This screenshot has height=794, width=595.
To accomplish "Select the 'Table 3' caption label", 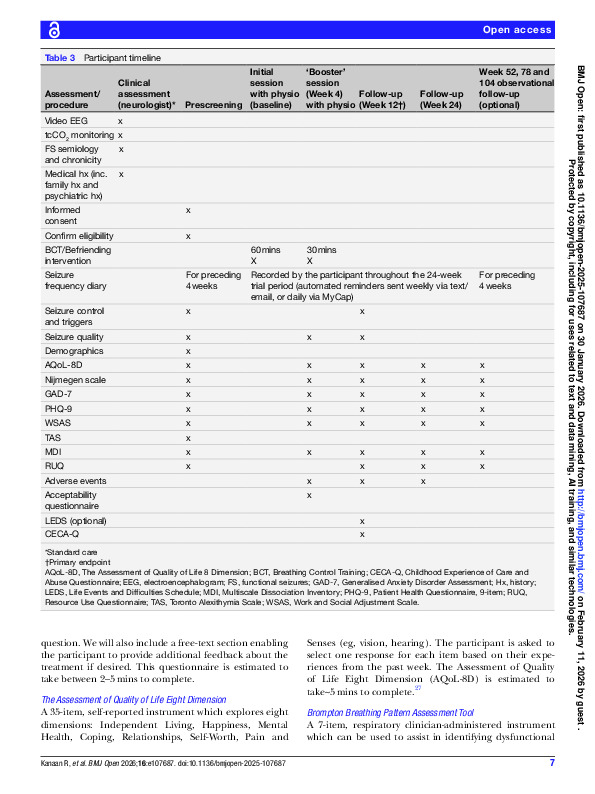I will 62,58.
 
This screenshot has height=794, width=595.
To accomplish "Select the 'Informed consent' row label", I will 67,216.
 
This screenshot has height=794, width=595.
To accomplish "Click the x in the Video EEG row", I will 120,120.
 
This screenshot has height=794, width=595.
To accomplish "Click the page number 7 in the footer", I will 551,764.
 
